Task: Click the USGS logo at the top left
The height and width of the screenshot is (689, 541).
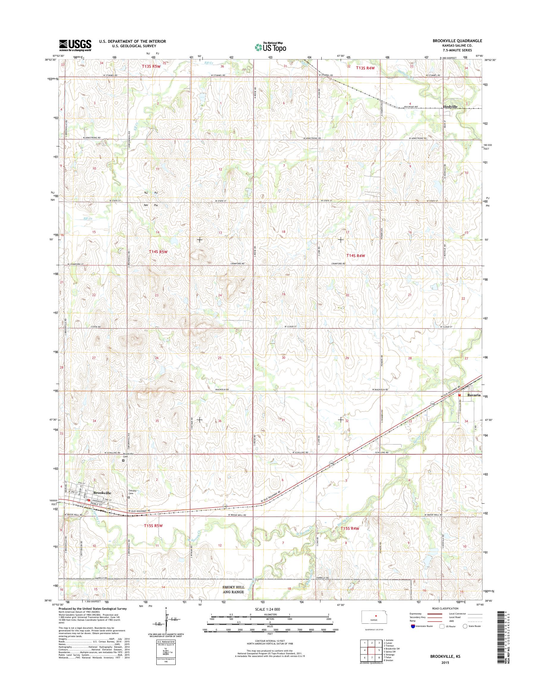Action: click(75, 45)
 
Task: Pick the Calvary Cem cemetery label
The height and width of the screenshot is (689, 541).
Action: click(132, 492)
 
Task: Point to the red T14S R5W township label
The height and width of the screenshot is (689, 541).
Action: click(158, 252)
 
